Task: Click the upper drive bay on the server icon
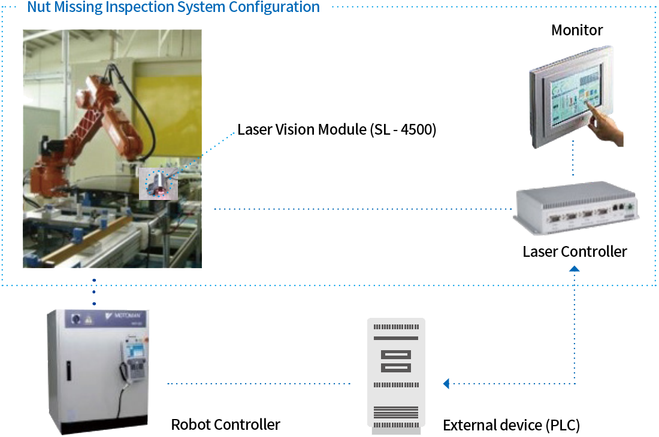(x=396, y=354)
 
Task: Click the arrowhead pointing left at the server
(x=446, y=383)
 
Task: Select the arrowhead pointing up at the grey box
(x=575, y=269)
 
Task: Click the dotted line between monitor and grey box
(x=573, y=159)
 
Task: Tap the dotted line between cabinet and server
(x=258, y=383)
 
